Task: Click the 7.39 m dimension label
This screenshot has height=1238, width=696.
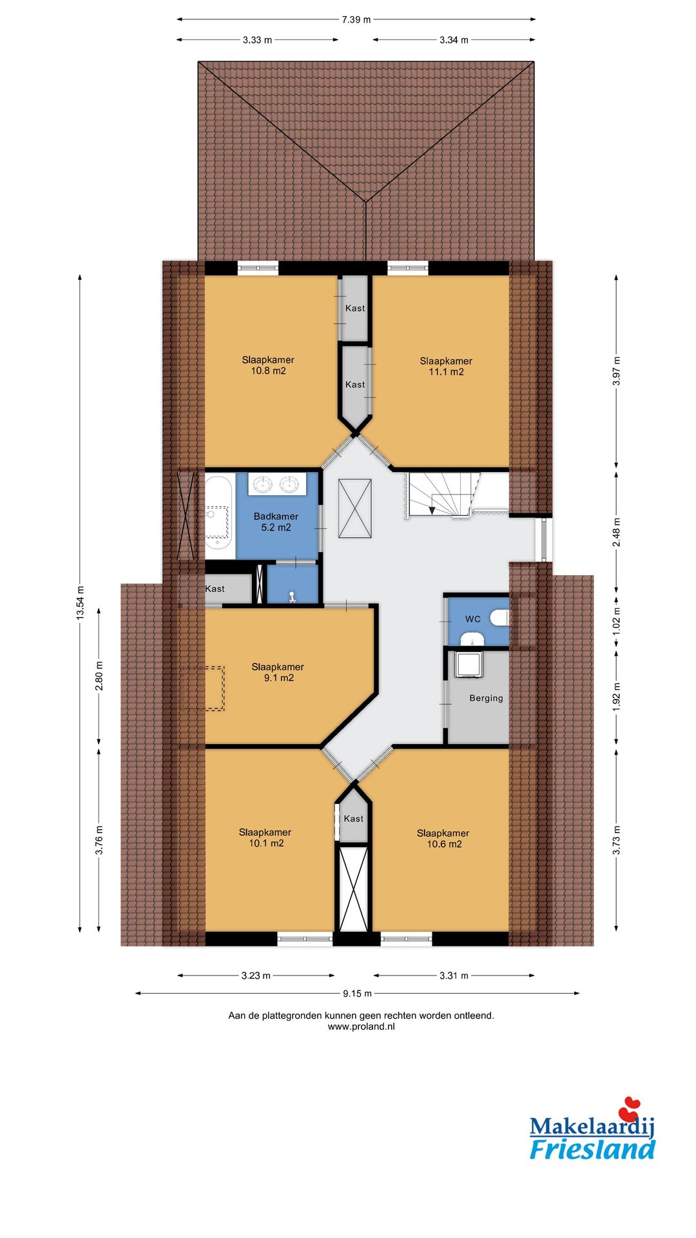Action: [356, 19]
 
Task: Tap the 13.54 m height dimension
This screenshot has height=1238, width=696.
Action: [80, 603]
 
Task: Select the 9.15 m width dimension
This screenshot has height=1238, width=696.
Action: [357, 994]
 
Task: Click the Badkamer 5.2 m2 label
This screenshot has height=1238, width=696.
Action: [276, 522]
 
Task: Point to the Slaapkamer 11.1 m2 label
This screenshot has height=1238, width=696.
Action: [446, 366]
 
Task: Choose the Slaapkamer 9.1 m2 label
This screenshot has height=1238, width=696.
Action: [278, 672]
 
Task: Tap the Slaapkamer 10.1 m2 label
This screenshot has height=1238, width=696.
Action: [266, 838]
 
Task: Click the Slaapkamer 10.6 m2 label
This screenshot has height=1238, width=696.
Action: [443, 838]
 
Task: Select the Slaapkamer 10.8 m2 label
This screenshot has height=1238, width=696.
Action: [268, 365]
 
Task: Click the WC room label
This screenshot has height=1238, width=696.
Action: [473, 619]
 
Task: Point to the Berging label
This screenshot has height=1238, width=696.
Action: [486, 698]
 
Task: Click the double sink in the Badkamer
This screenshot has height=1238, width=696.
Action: [277, 484]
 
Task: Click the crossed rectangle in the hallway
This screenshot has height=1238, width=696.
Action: [355, 508]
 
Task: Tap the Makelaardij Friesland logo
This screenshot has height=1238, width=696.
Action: [592, 1129]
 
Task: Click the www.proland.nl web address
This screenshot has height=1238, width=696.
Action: [361, 1027]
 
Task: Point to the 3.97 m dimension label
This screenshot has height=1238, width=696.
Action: [616, 371]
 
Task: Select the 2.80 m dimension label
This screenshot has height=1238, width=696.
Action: [99, 676]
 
